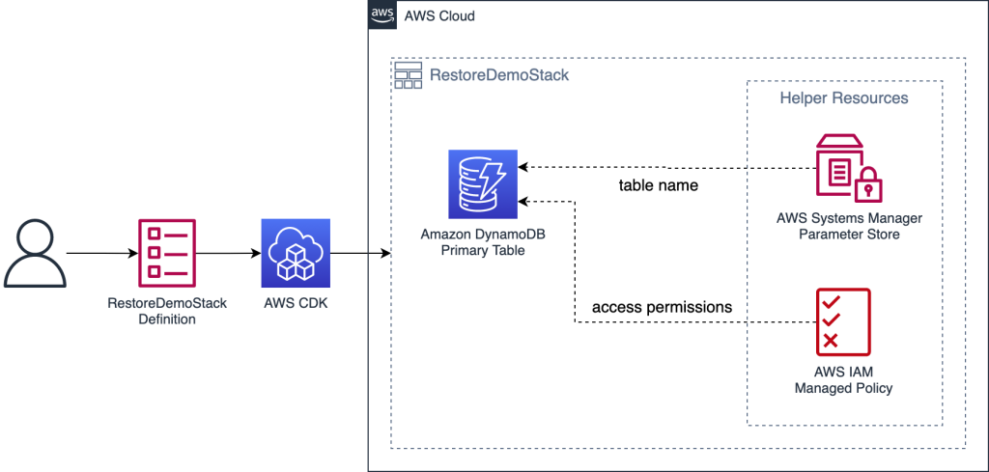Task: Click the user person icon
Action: (35, 253)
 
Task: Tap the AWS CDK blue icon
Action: (295, 253)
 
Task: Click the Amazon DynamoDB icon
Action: (482, 184)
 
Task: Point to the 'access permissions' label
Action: (663, 308)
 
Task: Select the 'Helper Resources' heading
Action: (844, 98)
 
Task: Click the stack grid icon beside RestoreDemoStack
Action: (409, 75)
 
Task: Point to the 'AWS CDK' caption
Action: (295, 303)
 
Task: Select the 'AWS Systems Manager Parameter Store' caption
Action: (849, 226)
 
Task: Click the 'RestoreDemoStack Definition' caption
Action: (167, 311)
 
